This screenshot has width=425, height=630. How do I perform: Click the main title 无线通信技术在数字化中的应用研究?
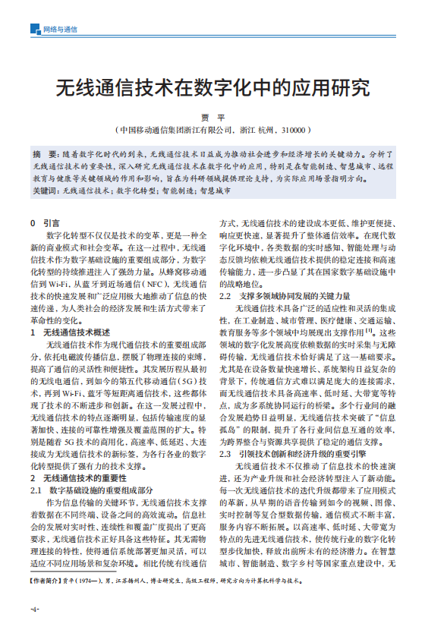pyautogui.click(x=212, y=86)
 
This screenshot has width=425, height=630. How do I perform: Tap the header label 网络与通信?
pyautogui.click(x=61, y=30)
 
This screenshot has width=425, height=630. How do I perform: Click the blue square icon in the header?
pyautogui.click(x=34, y=30)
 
